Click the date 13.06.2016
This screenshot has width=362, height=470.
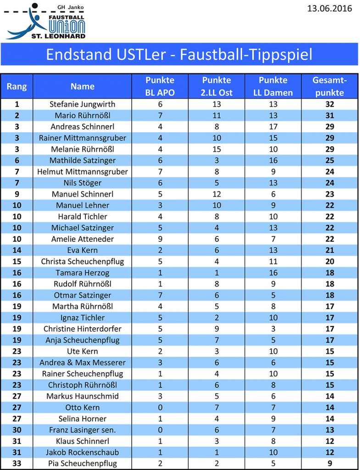(330, 9)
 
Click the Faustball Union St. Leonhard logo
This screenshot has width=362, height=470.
(46, 21)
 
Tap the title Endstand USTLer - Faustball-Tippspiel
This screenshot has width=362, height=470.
(179, 55)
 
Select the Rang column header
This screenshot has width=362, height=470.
(17, 86)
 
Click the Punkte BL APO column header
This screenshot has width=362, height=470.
(160, 86)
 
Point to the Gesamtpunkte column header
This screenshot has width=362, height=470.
(329, 86)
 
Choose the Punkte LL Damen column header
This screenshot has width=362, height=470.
(273, 86)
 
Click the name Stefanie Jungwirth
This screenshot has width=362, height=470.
(83, 104)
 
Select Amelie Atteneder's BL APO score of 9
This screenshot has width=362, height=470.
(160, 239)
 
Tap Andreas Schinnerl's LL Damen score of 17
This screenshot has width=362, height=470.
(273, 127)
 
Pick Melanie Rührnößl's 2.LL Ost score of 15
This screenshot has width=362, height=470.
(217, 149)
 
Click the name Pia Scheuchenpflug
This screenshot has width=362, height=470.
(83, 463)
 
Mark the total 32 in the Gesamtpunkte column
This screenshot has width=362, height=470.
(329, 104)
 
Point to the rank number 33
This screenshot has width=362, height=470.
(17, 463)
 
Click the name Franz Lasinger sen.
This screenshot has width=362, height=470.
(83, 430)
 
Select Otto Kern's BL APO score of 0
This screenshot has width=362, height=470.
(160, 407)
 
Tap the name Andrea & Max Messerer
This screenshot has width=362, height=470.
(83, 362)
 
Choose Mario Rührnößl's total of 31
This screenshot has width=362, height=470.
(329, 116)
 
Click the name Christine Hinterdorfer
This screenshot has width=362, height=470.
(83, 329)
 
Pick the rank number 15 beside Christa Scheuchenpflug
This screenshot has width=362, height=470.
(17, 261)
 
